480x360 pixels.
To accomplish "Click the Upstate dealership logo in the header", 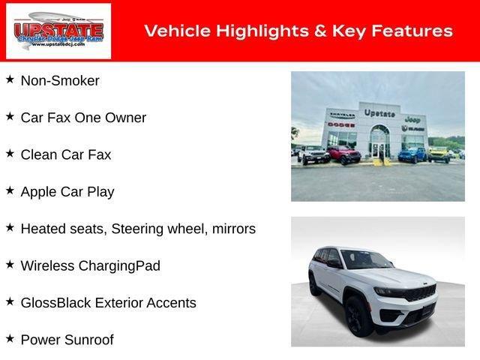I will [x=58, y=31].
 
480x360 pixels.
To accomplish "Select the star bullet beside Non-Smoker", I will [x=10, y=79].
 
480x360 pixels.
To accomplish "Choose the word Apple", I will [x=39, y=192].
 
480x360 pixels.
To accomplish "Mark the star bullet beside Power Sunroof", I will [x=10, y=339].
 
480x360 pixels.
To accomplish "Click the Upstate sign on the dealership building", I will [x=379, y=112].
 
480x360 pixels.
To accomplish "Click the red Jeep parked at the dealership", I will [x=343, y=154].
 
